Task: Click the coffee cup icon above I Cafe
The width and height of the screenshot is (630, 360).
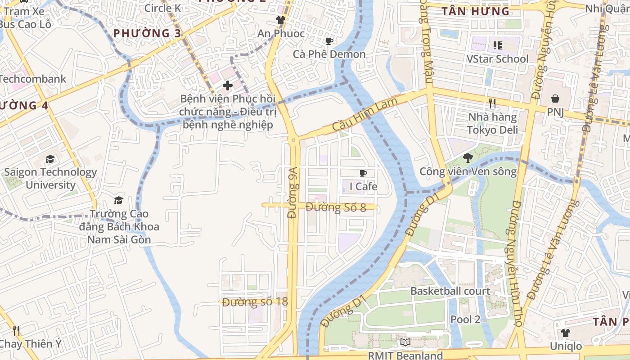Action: point(363,174)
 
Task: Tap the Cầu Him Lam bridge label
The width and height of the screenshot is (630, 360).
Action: point(365,115)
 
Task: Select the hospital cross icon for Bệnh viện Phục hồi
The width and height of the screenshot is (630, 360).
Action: point(228,85)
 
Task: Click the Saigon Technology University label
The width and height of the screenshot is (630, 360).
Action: point(50,179)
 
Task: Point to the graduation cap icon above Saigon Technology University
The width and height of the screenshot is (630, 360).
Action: point(50,159)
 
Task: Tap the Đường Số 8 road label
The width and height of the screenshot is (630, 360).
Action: point(336,207)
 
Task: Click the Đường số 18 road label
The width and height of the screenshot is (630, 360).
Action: point(255,301)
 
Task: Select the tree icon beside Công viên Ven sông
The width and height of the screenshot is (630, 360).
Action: point(468,157)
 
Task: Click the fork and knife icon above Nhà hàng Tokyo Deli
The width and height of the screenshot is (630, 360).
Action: point(492,103)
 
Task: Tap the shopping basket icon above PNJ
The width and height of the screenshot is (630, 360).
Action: point(555,98)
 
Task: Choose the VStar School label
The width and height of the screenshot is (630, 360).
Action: point(497,59)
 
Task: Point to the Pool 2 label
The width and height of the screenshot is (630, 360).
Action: point(465,319)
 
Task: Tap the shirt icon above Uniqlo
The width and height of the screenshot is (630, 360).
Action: point(565,333)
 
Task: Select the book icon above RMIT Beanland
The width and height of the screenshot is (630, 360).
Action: point(405,342)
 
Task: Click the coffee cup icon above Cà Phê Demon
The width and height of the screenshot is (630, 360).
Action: point(329,41)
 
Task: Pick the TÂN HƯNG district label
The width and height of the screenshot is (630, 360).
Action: point(475,11)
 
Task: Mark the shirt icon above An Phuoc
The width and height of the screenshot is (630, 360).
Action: point(281,20)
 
